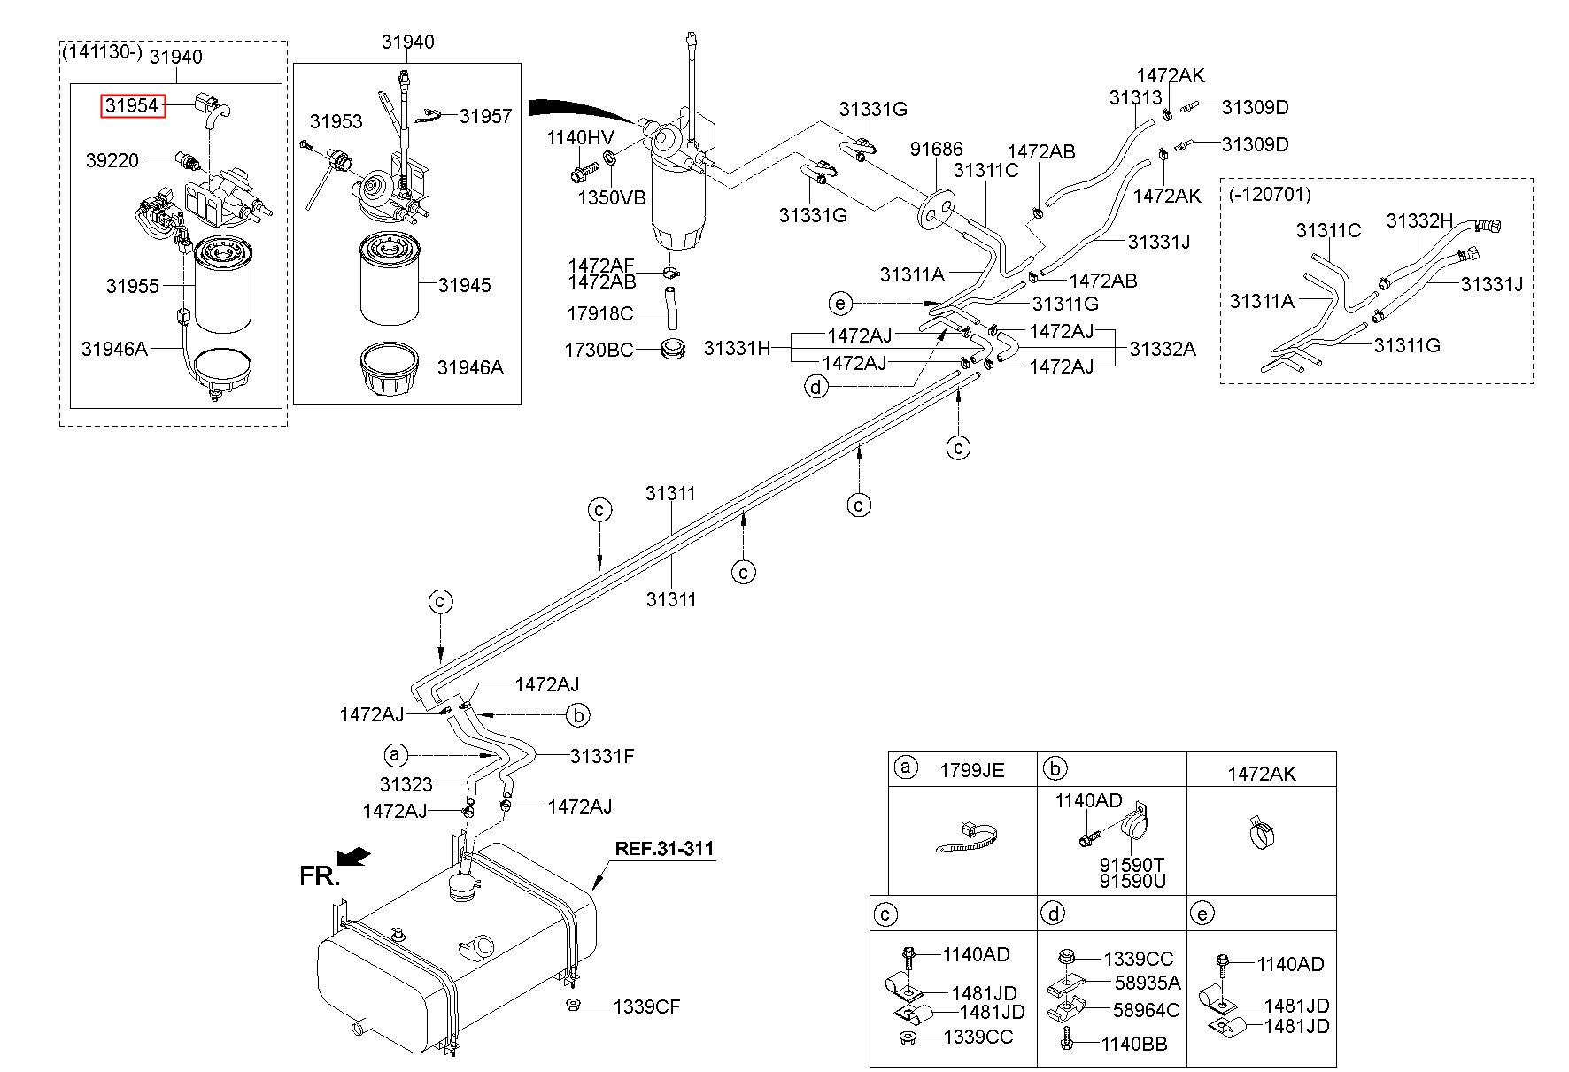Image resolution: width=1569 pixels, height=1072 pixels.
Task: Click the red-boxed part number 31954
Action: pos(132,106)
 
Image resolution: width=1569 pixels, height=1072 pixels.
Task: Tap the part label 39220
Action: pos(112,160)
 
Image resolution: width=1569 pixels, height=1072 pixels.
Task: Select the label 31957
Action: pos(485,116)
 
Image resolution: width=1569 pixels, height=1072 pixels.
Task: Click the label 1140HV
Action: pos(580,137)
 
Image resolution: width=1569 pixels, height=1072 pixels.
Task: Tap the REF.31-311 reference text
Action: pos(664,849)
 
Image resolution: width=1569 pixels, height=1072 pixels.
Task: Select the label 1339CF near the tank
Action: pos(647,1006)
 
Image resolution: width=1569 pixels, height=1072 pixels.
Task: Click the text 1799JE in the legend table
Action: pos(972,770)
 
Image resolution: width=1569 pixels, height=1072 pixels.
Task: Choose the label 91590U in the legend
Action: pos(1132,881)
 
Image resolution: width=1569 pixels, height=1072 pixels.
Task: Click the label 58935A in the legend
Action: pos(1147,983)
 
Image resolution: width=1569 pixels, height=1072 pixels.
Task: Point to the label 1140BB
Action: pos(1134,1045)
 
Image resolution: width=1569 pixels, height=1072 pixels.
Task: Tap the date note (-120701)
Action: pos(1269,193)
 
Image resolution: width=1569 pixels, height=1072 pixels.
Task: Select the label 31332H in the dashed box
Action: pos(1420,220)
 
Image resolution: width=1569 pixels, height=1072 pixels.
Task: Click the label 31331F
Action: pos(602,756)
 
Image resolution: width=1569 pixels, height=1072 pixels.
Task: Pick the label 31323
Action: pos(406,784)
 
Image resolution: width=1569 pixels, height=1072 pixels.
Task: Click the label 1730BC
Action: pos(599,351)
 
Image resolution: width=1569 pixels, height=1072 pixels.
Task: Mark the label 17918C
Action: pos(600,313)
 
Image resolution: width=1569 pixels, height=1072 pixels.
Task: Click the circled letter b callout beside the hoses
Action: pos(577,714)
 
